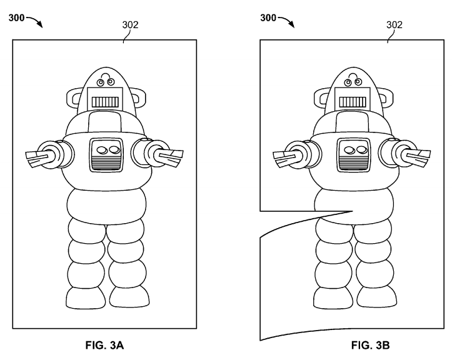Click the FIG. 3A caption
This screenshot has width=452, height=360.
(104, 345)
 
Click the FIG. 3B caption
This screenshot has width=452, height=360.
(371, 345)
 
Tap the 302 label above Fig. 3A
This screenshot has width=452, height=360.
(130, 25)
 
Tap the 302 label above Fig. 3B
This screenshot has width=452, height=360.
(394, 25)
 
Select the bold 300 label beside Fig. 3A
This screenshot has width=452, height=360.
(16, 18)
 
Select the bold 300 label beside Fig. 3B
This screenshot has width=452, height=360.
(268, 18)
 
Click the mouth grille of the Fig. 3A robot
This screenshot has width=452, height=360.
(105, 102)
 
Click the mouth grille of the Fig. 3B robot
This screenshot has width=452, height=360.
(353, 102)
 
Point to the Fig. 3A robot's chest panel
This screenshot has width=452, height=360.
(106, 155)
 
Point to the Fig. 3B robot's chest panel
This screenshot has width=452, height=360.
(354, 155)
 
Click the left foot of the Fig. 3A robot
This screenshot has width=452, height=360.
(85, 298)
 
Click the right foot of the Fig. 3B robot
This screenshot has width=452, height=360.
(376, 298)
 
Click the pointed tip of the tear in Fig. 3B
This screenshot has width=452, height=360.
(353, 211)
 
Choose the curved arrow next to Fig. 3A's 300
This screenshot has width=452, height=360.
(34, 21)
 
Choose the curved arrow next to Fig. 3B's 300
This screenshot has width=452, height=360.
(286, 21)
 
